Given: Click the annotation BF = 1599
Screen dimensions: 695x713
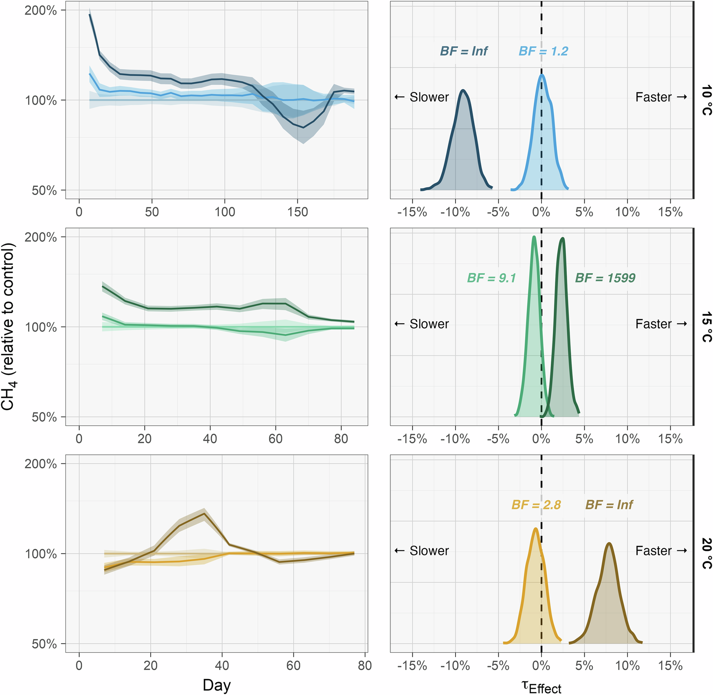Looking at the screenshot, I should pos(605,278).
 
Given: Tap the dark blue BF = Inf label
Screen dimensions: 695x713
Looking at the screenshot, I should pos(464,51).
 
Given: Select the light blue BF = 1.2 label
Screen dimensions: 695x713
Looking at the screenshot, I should pos(543,51).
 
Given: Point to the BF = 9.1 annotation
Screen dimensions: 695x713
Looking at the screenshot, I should pos(491,278).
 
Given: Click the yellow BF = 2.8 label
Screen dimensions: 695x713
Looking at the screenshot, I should pos(536,505).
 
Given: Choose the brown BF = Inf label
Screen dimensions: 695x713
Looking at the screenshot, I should pos(609,505).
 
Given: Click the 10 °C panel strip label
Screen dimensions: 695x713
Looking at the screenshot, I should pos(706,100).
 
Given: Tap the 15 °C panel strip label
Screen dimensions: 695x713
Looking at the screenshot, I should pos(706,327).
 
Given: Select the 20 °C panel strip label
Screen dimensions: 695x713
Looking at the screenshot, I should pos(706,554).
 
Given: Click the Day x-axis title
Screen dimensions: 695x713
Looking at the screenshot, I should pos(217,685).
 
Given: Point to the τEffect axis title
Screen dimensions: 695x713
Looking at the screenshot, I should pos(541,686).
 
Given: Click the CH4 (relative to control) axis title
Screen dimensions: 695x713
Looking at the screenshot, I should pos(8,327).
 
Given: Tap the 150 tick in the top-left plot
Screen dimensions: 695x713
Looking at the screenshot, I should pos(297,212).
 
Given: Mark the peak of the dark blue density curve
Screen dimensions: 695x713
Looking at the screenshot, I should pos(463,90).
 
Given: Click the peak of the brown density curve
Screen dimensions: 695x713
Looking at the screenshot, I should pos(609,543).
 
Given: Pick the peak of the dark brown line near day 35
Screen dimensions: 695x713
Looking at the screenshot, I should pos(204,514).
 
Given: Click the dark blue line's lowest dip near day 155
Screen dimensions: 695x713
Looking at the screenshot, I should pos(303,127).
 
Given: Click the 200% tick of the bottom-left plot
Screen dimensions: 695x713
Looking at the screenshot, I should pos(41,464).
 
